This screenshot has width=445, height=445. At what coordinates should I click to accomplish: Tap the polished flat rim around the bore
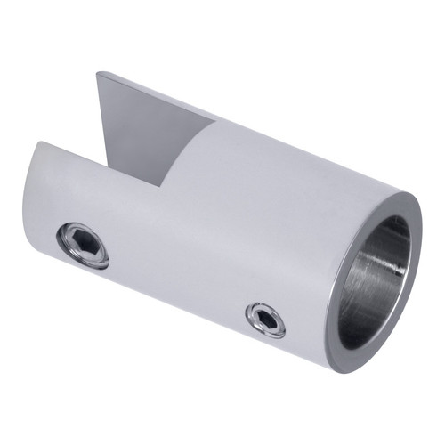click(x=339, y=294)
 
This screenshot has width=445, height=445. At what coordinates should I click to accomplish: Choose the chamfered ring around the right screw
click(x=254, y=313)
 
